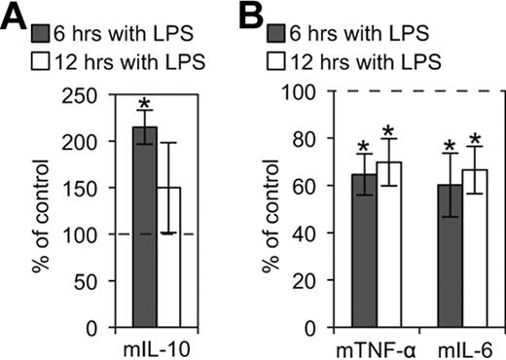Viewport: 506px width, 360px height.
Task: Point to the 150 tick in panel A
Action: tap(82, 188)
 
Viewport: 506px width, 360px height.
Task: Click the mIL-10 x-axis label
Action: tap(157, 345)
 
